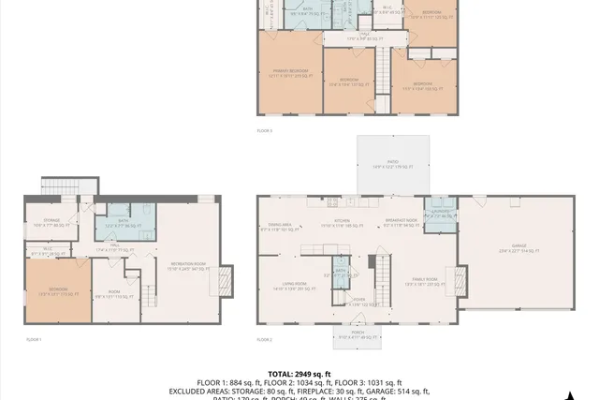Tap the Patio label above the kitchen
pyautogui.click(x=393, y=166)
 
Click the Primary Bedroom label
pyautogui.click(x=291, y=73)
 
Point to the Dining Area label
pyautogui.click(x=281, y=227)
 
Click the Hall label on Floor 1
pyautogui.click(x=111, y=250)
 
